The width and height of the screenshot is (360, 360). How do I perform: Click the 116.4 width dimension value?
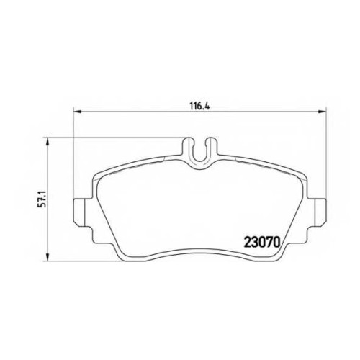pyautogui.click(x=199, y=106)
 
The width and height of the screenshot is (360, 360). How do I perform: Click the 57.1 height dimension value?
pyautogui.click(x=42, y=199)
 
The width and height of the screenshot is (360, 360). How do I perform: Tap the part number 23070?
pyautogui.click(x=262, y=242)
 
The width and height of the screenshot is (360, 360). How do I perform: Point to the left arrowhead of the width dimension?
pyautogui.click(x=77, y=111)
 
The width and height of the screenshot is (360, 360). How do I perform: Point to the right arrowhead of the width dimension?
pyautogui.click(x=322, y=111)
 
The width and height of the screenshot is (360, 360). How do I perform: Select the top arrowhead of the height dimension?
pyautogui.click(x=48, y=142)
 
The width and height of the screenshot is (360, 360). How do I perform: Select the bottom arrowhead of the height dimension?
pyautogui.click(x=48, y=256)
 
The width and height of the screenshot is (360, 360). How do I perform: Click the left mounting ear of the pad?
pyautogui.click(x=79, y=212)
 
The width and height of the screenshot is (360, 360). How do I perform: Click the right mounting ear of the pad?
pyautogui.click(x=320, y=212)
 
